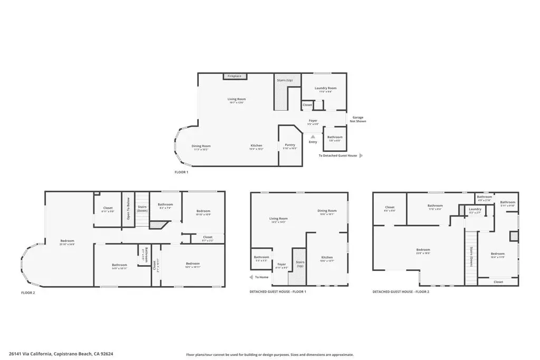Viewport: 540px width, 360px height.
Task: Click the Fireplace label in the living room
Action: (235, 76)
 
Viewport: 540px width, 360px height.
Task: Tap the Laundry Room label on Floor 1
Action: (325, 89)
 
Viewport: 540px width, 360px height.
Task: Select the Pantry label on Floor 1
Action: (290, 145)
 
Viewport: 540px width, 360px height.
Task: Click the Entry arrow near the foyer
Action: (313, 137)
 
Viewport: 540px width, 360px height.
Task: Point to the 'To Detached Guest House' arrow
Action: (361, 155)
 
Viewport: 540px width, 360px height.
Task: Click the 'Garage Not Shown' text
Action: (358, 119)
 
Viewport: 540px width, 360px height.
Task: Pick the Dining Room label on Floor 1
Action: (201, 146)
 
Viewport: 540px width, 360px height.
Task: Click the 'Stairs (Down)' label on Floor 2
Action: (142, 209)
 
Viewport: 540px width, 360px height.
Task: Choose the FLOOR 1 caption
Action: (181, 172)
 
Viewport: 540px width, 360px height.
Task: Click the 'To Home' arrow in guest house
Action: (252, 277)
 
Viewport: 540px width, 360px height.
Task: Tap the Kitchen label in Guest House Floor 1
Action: (327, 257)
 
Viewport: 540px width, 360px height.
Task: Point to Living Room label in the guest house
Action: (278, 218)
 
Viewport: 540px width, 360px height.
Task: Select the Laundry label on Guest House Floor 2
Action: (475, 209)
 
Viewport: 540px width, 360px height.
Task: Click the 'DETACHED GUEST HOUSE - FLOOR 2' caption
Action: (401, 291)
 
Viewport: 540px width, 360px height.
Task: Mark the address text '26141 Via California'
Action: (31, 354)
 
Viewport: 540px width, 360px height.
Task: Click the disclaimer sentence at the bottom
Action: (270, 355)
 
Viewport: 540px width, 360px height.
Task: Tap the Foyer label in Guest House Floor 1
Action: (282, 264)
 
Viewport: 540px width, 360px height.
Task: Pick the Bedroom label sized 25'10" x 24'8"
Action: (67, 241)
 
